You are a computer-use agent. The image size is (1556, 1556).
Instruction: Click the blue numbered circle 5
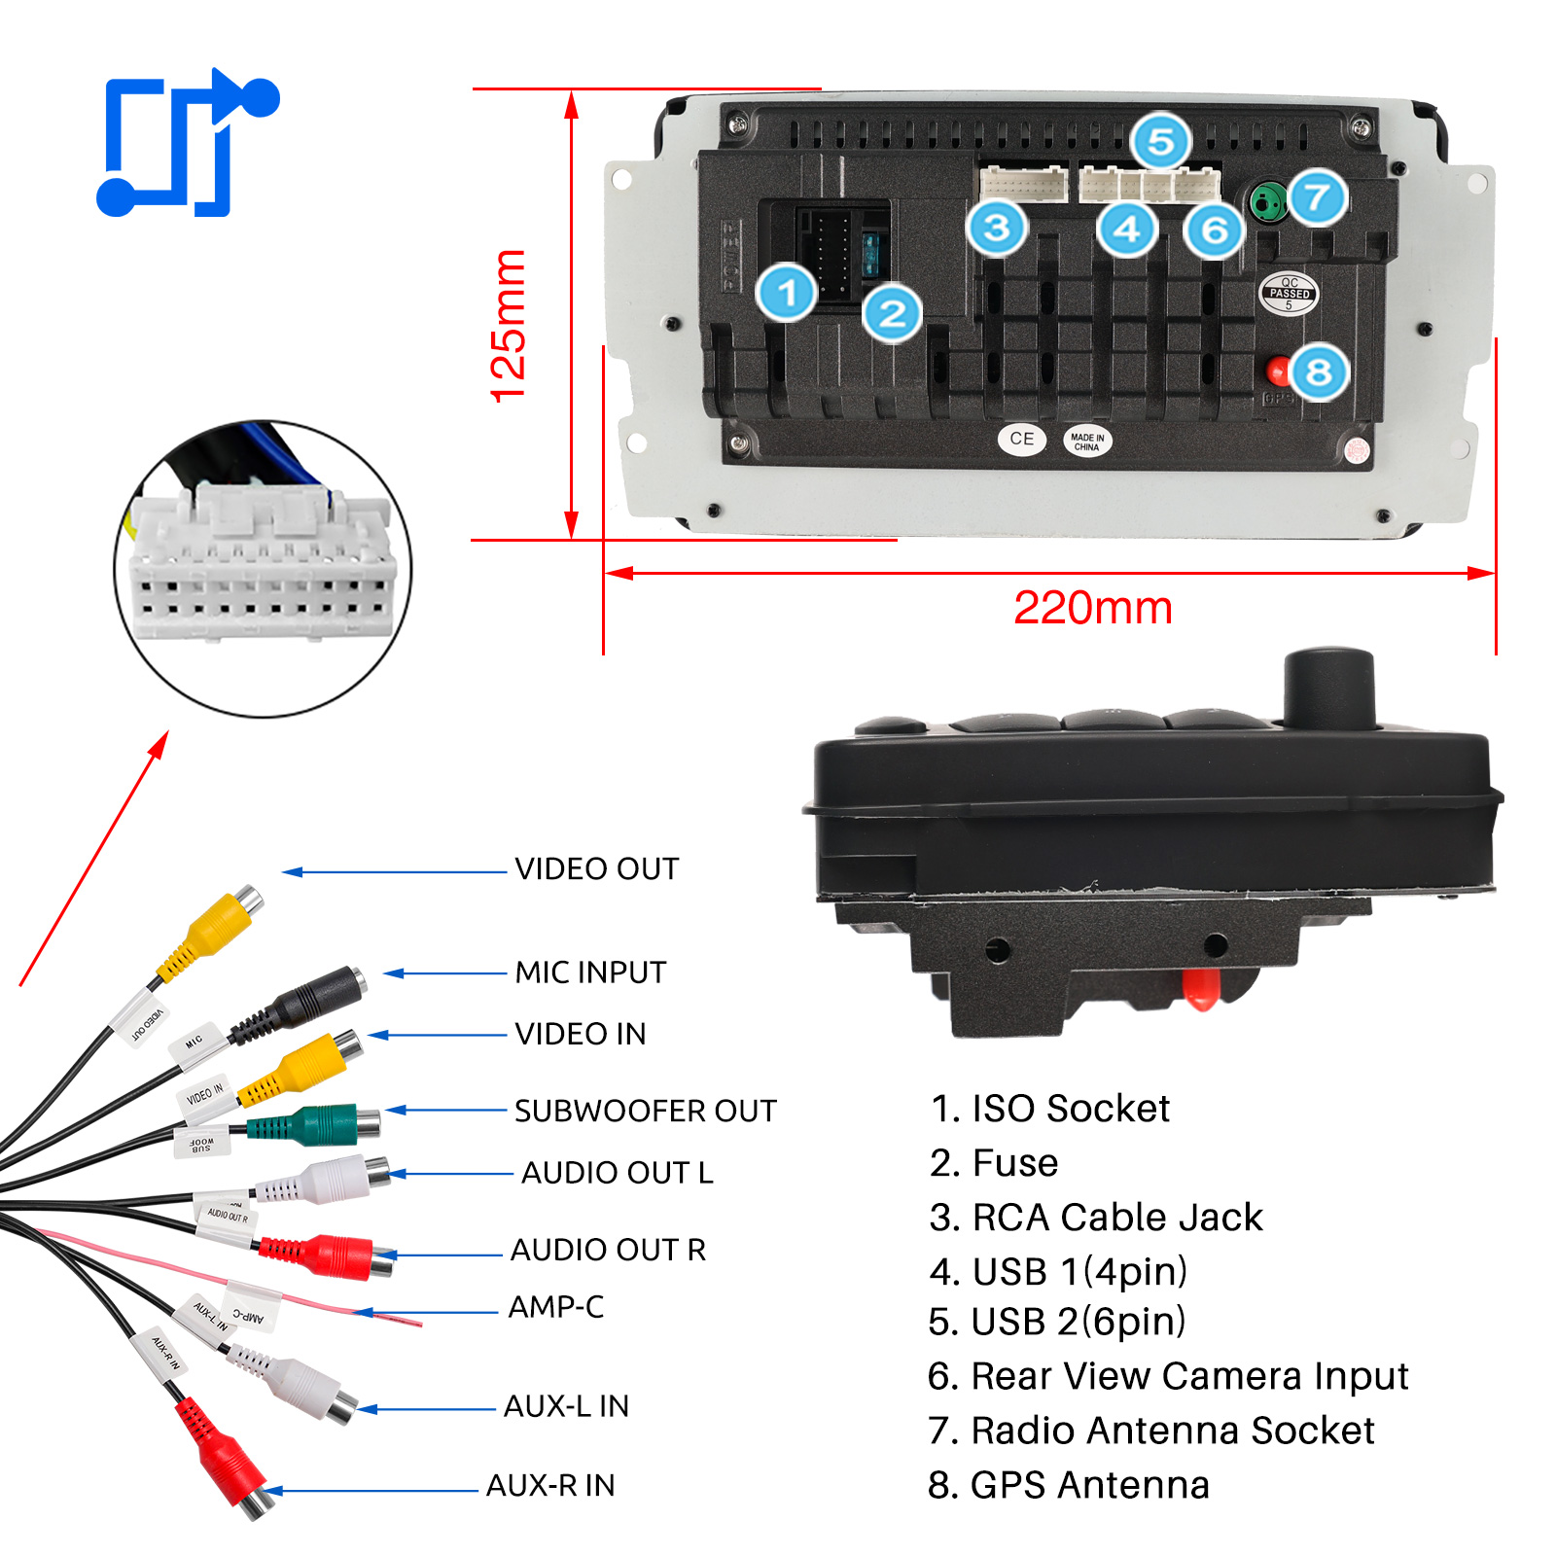point(1161,142)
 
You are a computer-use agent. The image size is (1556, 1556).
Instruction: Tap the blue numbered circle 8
point(1319,371)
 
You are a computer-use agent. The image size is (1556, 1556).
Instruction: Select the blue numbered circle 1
point(787,292)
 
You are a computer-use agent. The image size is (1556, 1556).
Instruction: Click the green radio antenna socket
point(1265,202)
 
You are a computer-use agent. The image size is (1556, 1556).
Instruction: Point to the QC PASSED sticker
point(1289,293)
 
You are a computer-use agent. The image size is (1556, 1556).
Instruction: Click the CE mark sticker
point(1021,439)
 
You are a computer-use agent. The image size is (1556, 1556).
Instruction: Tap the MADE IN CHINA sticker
point(1086,442)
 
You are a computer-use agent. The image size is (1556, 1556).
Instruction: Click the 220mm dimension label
point(1092,608)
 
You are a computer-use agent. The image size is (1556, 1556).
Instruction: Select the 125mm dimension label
point(508,326)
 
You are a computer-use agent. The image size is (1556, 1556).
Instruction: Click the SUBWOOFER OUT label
point(645,1111)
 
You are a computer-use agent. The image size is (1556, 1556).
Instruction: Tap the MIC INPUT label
point(590,972)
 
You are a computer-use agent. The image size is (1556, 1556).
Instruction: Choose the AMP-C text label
point(555,1307)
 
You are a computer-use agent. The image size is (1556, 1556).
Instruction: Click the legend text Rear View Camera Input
point(1168,1376)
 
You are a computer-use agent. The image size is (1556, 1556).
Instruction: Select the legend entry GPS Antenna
point(1069,1485)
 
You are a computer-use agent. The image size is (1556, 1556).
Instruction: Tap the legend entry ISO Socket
point(1050,1109)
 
